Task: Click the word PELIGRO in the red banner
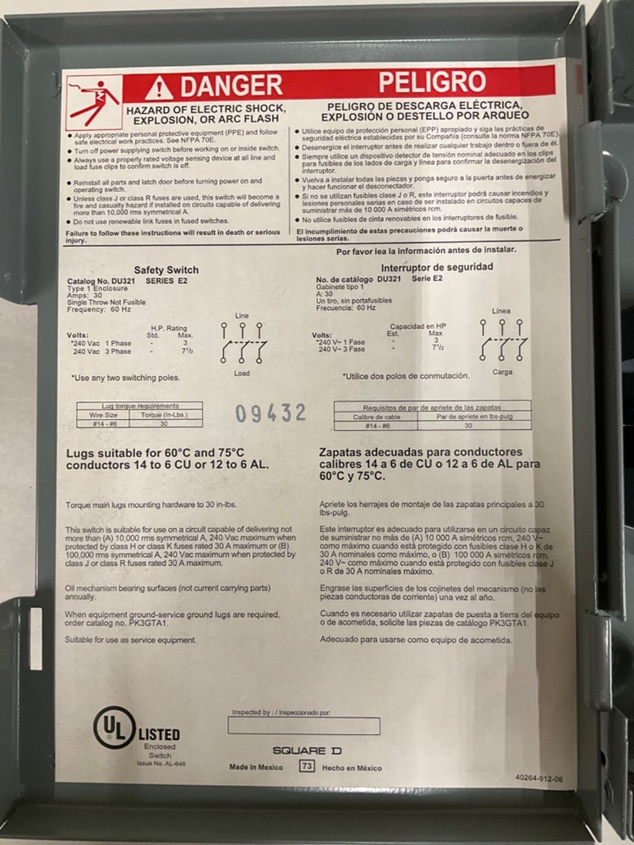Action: pos(432,82)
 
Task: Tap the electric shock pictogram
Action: pos(93,102)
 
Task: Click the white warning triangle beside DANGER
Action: pos(158,87)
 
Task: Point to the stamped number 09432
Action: pos(271,413)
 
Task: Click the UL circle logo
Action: pos(113,727)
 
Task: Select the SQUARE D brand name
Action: pos(307,750)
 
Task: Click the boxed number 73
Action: pos(308,766)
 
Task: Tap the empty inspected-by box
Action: pos(303,726)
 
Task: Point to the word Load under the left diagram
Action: pos(242,373)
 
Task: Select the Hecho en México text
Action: pos(353,767)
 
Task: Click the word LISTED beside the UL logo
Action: pos(158,734)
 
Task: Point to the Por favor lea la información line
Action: pos(426,250)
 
